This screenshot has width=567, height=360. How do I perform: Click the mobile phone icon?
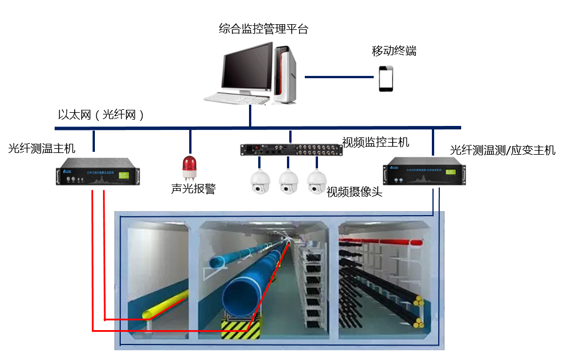(x=385, y=78)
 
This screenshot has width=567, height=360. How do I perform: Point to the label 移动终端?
(x=394, y=51)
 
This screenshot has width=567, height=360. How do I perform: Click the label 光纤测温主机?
(x=41, y=149)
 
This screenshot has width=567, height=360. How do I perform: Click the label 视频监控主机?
(x=376, y=142)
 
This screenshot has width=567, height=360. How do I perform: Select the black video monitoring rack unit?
(x=291, y=150)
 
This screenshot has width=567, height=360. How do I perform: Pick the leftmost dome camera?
(x=260, y=182)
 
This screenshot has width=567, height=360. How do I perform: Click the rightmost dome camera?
(x=316, y=182)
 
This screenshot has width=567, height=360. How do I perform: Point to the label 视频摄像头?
(x=354, y=192)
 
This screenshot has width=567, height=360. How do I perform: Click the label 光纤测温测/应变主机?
(x=503, y=151)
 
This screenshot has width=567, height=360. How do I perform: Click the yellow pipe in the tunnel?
(x=167, y=304)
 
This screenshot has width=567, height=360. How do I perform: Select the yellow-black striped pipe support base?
(x=240, y=329)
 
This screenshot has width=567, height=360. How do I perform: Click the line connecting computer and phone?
(x=339, y=76)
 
